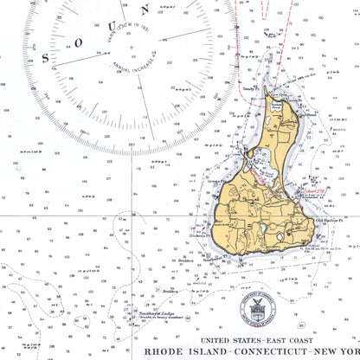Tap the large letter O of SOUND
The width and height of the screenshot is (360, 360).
tap(68, 43)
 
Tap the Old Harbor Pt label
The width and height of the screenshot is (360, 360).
tap(328, 220)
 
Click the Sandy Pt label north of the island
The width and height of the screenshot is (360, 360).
tap(248, 88)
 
